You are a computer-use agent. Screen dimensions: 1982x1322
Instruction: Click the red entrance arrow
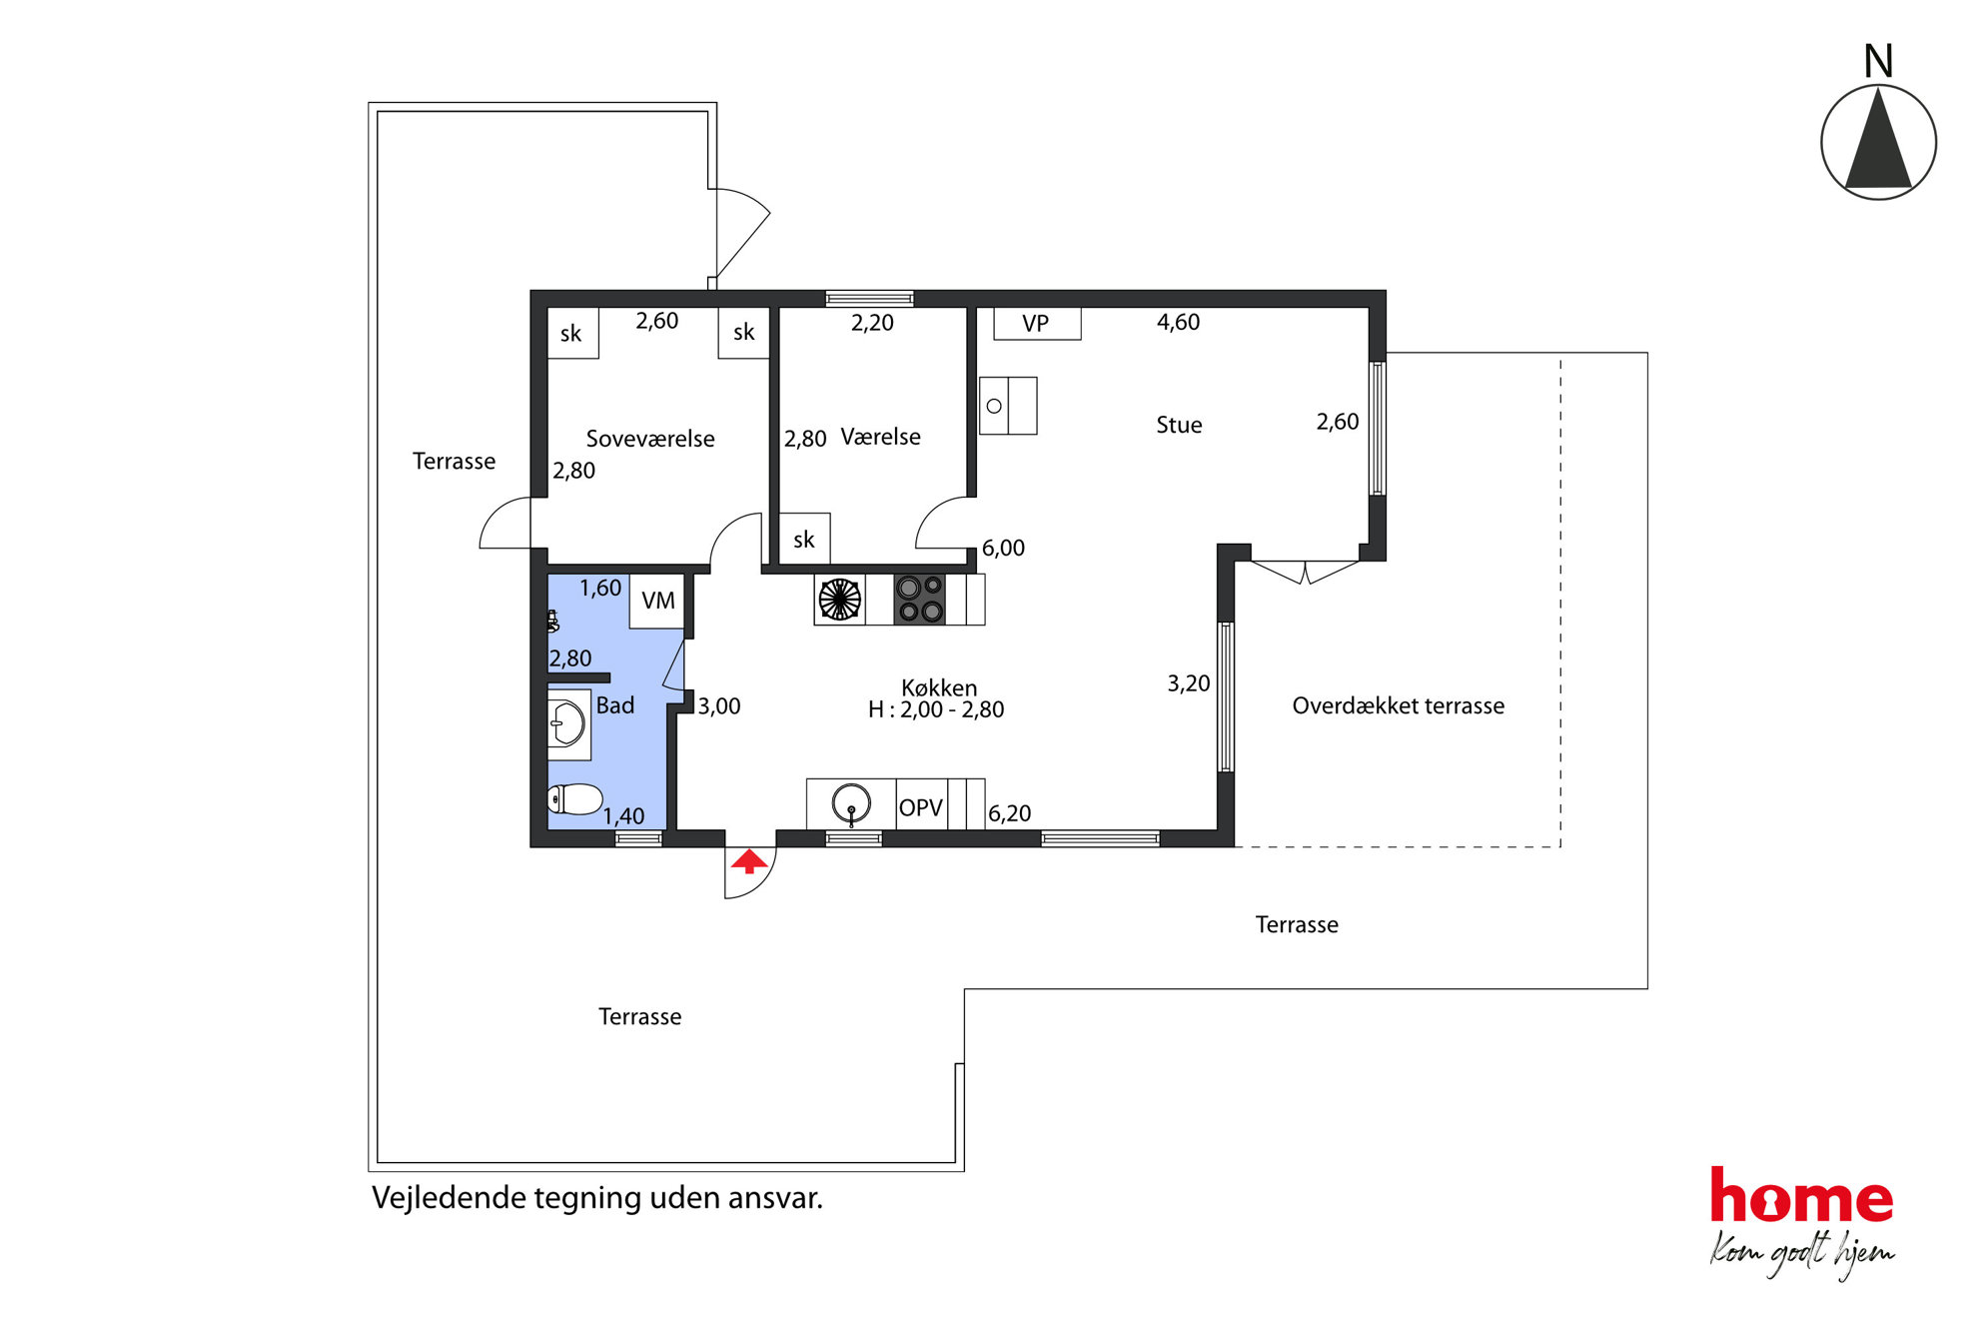[x=749, y=861]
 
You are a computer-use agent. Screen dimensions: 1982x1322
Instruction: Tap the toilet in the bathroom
[x=574, y=799]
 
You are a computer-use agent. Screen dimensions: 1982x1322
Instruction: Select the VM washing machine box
[x=657, y=601]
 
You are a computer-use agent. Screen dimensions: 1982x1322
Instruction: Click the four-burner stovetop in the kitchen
[x=920, y=599]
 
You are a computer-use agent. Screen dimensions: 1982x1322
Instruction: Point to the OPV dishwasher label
[x=920, y=807]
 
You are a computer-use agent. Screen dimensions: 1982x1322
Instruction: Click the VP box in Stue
[x=1037, y=324]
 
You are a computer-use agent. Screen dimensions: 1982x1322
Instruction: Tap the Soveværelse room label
[x=650, y=439]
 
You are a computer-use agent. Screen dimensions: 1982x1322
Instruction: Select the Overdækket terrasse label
[x=1398, y=705]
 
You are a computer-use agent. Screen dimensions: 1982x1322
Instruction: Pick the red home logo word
[x=1801, y=1196]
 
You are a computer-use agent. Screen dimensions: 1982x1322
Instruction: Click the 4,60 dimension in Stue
[x=1178, y=322]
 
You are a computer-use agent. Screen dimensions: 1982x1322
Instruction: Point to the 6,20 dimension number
[x=1009, y=813]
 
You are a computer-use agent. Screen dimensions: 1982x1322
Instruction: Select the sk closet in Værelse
[x=804, y=540]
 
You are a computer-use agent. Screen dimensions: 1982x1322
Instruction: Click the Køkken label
[x=939, y=687]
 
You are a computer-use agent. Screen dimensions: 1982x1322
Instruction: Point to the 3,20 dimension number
[x=1189, y=683]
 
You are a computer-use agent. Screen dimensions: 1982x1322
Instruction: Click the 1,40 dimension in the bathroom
[x=623, y=816]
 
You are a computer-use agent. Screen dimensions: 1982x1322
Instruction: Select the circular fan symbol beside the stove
[x=840, y=600]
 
